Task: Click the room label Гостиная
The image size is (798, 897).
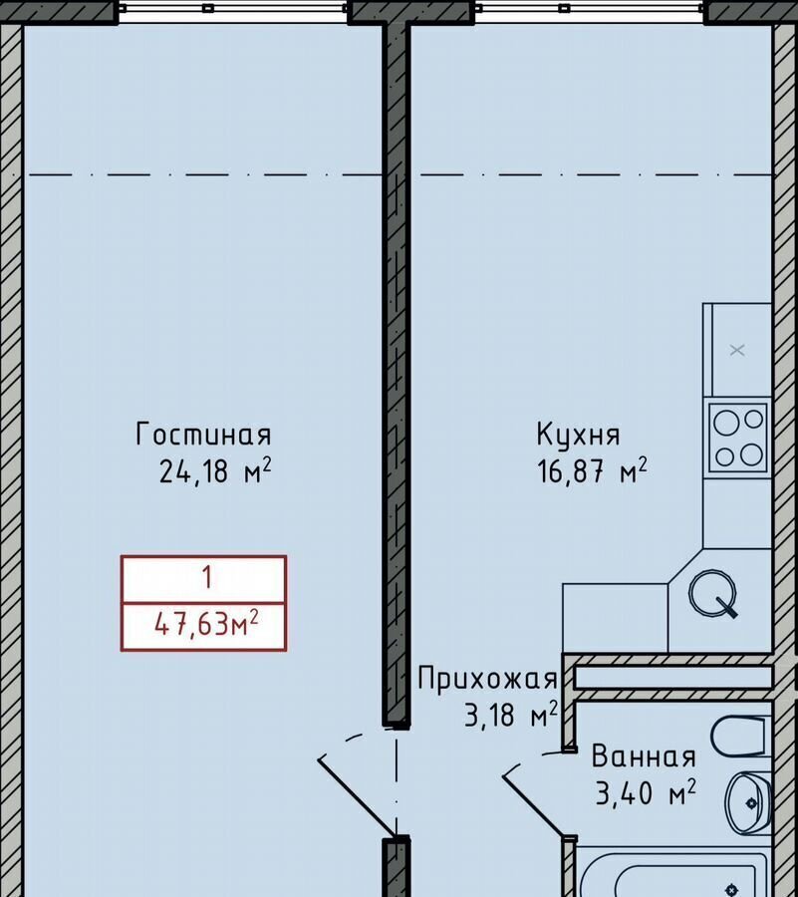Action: [203, 435]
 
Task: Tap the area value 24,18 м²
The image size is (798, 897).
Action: [215, 470]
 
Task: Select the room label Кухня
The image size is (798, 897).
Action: [578, 435]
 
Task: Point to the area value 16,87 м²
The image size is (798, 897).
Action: [592, 470]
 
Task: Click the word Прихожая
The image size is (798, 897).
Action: [487, 679]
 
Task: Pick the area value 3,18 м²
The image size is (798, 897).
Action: [511, 714]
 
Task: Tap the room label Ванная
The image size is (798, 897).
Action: [644, 756]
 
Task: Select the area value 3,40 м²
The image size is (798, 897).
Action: [646, 793]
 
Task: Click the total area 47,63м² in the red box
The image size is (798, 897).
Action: [206, 624]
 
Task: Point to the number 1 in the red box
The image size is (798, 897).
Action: [206, 577]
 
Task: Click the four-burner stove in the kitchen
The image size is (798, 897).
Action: [738, 438]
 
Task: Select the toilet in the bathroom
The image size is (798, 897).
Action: [738, 736]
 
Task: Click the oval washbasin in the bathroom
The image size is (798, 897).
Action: [748, 802]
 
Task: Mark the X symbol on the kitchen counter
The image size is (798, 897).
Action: [737, 350]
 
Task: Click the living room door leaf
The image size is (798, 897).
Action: [356, 796]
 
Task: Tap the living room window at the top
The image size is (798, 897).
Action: [233, 9]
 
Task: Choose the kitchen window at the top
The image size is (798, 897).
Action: [589, 9]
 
